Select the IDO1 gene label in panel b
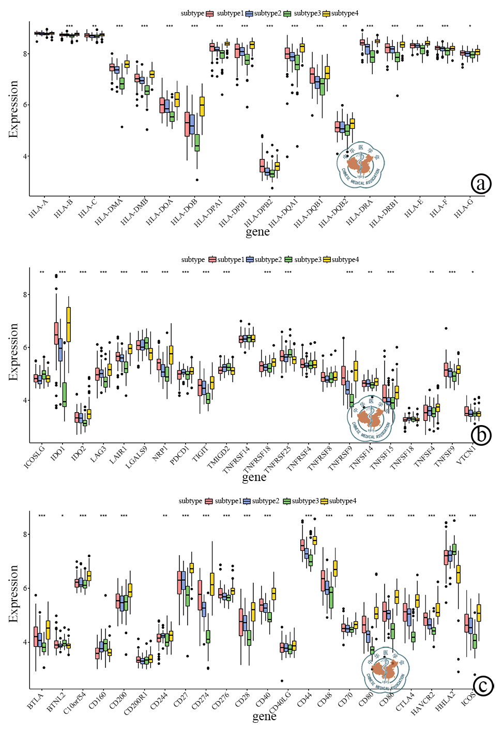coord(58,454)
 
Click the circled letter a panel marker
coord(481,184)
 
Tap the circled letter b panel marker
coord(481,435)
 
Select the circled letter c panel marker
coord(483,686)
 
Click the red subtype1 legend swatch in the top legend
coord(210,13)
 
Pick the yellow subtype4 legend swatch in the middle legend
coord(327,259)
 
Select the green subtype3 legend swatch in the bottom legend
coord(286,501)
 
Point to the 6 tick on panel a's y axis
coord(25,105)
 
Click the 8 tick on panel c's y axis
coord(25,534)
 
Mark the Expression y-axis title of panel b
coord(13,352)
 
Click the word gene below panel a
coord(257,231)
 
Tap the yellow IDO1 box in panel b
coord(68,325)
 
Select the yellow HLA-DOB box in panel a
coord(202,106)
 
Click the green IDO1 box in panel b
coord(64,395)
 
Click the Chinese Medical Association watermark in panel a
coord(361,165)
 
